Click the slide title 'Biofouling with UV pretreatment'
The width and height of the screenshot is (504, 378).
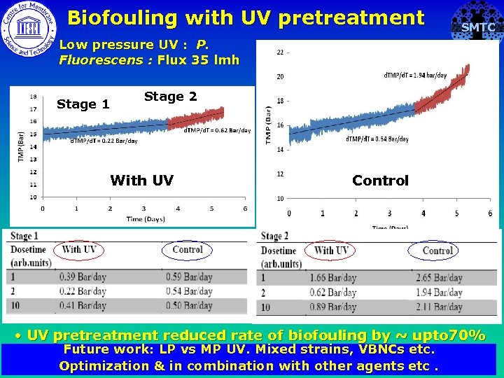point(246,17)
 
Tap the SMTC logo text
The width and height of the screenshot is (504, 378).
point(478,28)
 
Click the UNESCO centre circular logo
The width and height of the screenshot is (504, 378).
point(28,28)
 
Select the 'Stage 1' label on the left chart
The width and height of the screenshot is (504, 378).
point(83,104)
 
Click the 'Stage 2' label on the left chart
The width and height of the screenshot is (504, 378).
point(170,97)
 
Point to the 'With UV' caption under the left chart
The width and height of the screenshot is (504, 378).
point(141,181)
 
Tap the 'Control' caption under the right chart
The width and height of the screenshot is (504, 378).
point(380,181)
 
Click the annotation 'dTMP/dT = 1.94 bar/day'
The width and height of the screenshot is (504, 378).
point(415,76)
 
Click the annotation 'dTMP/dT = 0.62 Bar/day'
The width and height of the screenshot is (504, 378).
point(217,131)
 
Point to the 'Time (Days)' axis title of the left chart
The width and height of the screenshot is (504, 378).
point(146,219)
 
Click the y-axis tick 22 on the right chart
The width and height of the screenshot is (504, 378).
point(280,52)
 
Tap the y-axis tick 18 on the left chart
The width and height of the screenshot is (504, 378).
point(33,97)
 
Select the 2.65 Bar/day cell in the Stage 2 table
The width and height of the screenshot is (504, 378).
point(438,278)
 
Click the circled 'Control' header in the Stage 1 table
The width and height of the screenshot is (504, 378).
point(187,249)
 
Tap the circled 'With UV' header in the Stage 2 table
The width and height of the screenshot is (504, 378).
point(331,250)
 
